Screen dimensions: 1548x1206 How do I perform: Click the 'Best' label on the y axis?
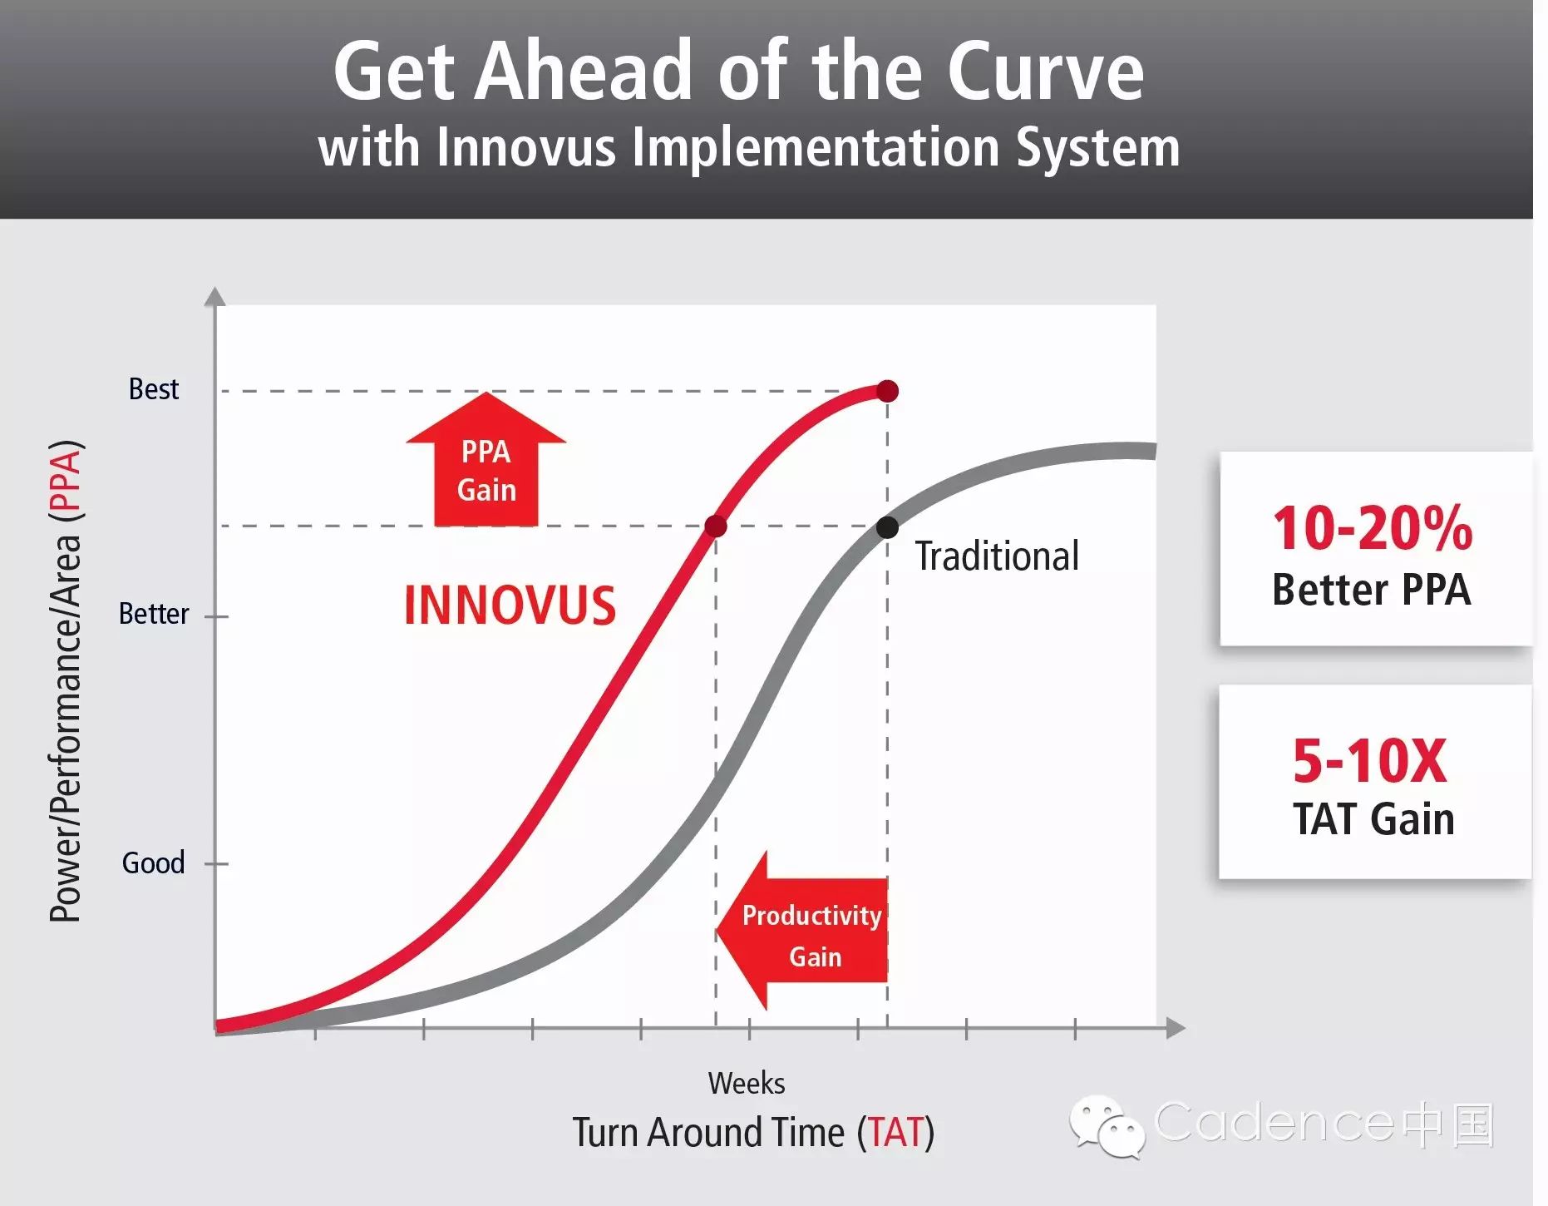point(154,388)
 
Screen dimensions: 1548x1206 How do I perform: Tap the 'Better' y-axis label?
point(154,614)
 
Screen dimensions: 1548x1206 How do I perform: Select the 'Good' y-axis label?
point(153,863)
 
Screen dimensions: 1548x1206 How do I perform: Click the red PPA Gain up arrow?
point(486,459)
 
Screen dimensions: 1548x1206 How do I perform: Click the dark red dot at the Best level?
point(888,391)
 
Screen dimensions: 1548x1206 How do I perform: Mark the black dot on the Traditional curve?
point(888,527)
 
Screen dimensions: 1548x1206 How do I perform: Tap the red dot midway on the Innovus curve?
point(716,526)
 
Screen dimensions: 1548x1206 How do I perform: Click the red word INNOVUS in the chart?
point(510,605)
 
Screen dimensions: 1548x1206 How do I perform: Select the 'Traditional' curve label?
point(997,556)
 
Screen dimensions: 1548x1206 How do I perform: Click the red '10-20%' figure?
point(1373,528)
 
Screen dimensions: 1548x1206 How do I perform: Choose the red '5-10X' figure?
point(1370,761)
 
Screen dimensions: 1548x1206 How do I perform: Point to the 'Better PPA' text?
point(1372,590)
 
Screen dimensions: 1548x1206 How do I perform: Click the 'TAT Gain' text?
point(1373,818)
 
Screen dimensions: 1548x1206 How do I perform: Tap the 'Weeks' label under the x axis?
point(747,1083)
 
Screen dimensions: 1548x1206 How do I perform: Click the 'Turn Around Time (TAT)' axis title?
point(753,1133)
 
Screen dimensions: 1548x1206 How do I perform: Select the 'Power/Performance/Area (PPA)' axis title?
point(65,680)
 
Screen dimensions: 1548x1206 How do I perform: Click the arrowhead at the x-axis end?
point(1176,1028)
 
